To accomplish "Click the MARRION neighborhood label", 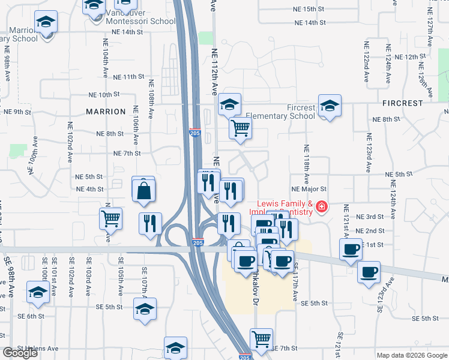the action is tap(106, 112).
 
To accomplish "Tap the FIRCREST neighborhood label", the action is tap(403, 103).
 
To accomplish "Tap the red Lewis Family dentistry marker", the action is tap(322, 208).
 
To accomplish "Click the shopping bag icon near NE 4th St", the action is tap(144, 191).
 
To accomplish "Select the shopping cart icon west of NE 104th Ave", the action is tap(110, 219).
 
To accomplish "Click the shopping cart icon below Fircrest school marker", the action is tap(240, 127).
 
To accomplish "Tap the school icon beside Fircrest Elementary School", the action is tap(330, 106).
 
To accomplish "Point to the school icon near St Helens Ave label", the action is tap(175, 348).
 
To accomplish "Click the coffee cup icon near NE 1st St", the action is tap(351, 249).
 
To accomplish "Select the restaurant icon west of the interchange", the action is tap(150, 223).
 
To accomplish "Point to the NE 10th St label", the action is tap(100, 95).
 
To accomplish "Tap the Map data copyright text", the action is tap(411, 355).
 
